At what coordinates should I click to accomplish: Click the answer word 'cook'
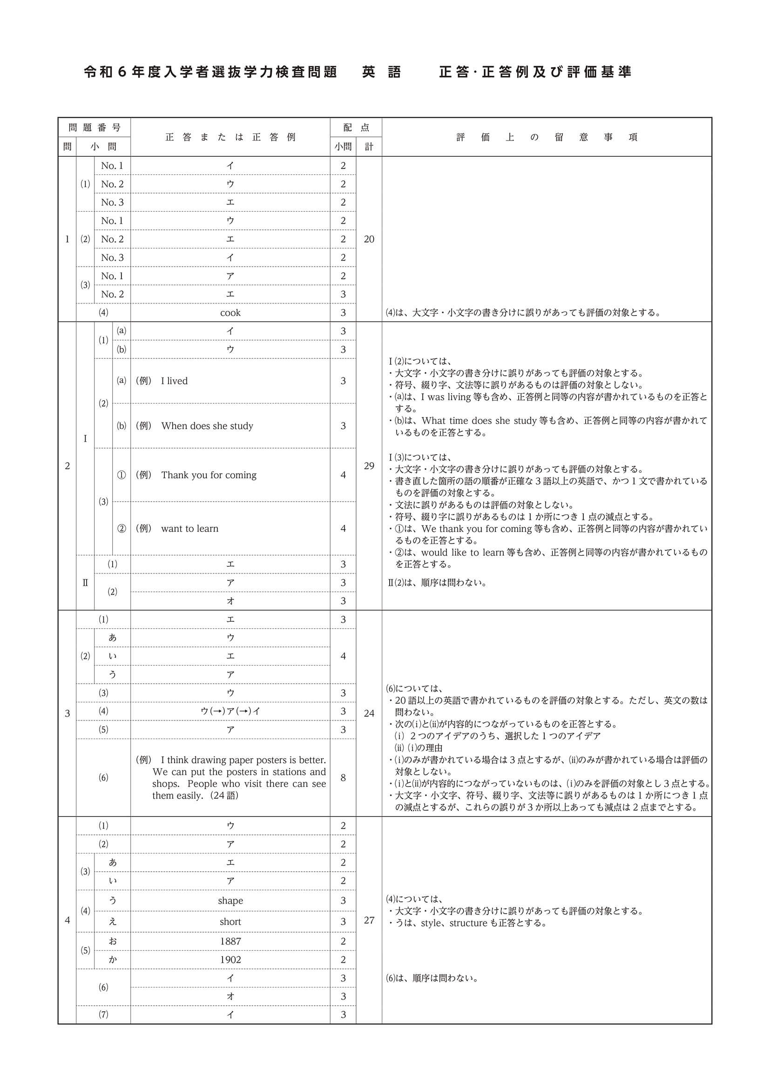tap(230, 313)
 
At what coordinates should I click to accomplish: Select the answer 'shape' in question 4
tap(230, 901)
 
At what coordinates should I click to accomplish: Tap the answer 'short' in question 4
tap(230, 921)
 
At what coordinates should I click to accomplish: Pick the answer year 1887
tap(230, 941)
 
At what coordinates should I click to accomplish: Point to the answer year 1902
tap(230, 960)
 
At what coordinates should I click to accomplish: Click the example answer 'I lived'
tap(174, 381)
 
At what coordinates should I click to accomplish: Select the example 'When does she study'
tap(207, 426)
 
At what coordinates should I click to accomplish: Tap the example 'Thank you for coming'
tap(209, 475)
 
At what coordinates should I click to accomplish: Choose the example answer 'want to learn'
tap(190, 528)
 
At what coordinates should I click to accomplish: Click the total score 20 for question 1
tap(369, 239)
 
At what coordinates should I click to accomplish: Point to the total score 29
tap(369, 466)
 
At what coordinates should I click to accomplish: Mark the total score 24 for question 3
tap(369, 713)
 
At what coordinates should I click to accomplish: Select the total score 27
tap(369, 920)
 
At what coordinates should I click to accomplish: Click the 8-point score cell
tap(343, 777)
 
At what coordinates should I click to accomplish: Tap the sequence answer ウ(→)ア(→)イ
tap(230, 711)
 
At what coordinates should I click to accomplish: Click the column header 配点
tap(356, 127)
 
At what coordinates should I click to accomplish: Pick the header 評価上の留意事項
tap(547, 137)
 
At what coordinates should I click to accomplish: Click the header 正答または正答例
tap(230, 137)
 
